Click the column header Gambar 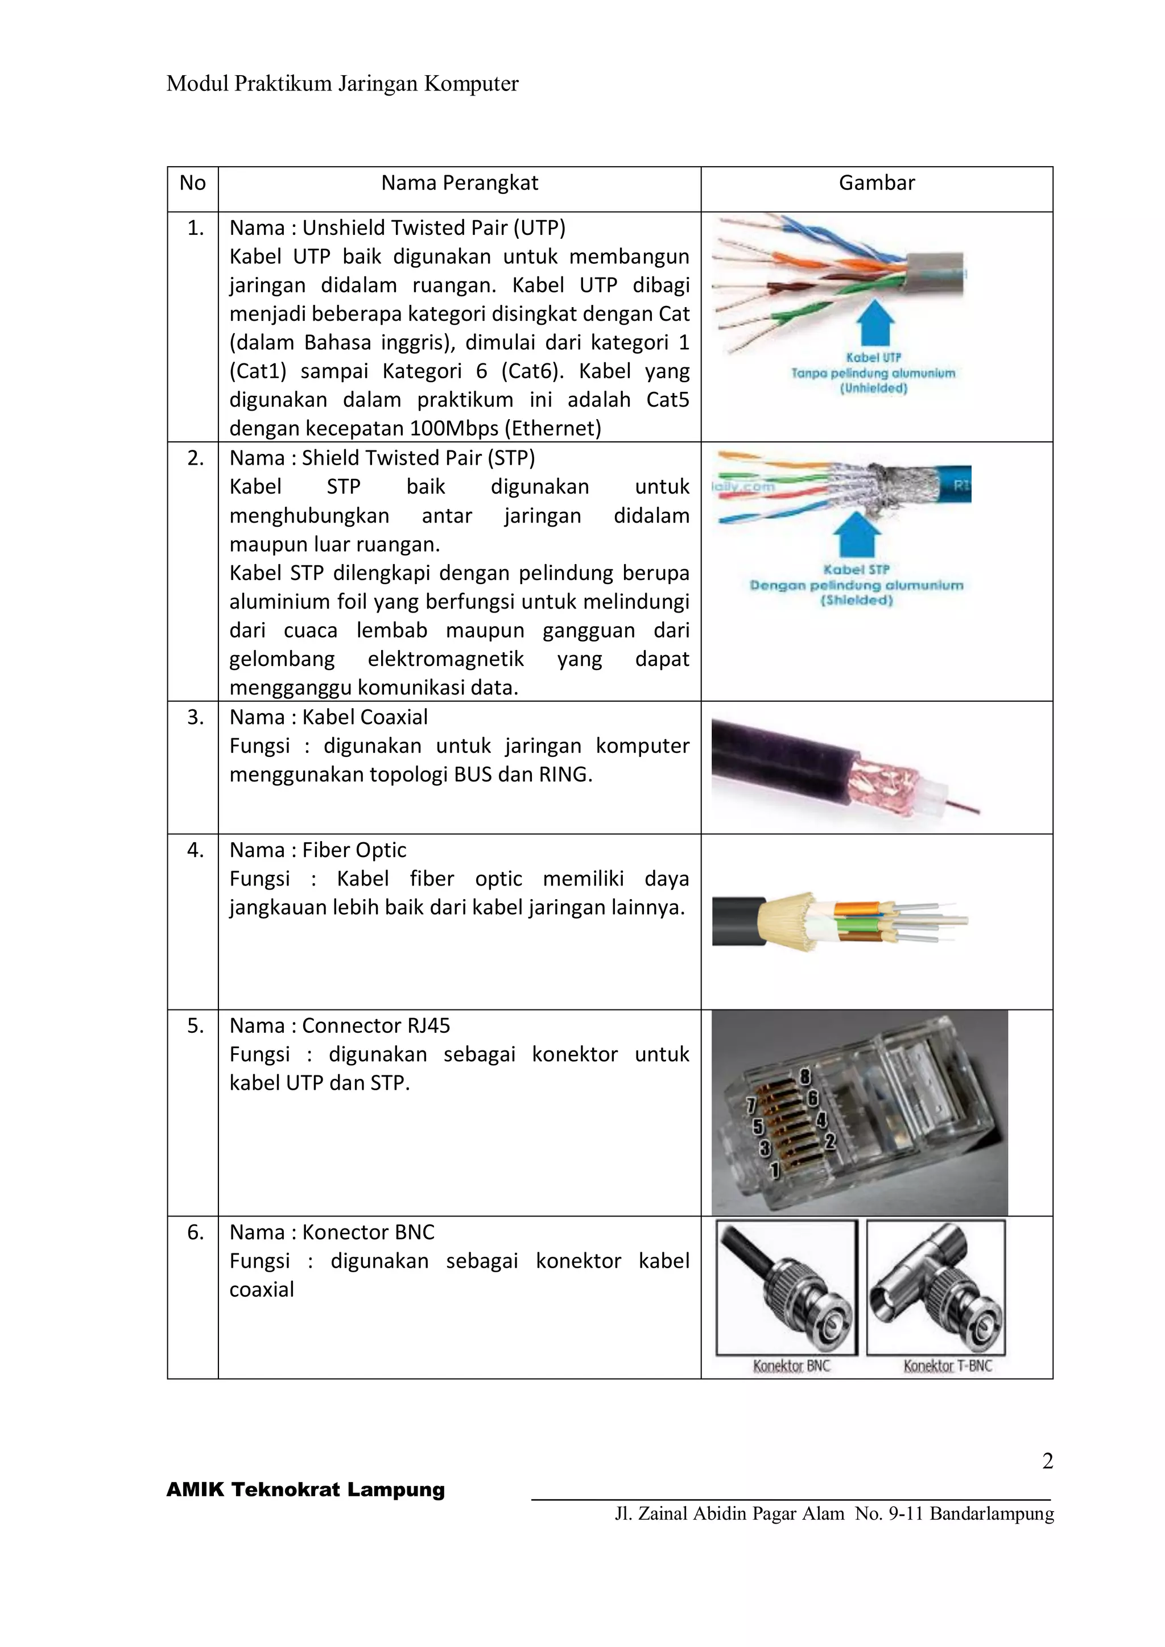pos(877,183)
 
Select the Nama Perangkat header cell pos(459,183)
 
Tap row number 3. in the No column pos(196,717)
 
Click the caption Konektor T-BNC pos(947,1366)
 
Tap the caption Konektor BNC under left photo pos(791,1366)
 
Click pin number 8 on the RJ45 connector pos(805,1076)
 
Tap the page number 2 pos(1047,1460)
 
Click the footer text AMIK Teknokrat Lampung pos(305,1490)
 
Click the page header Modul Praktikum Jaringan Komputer pos(342,84)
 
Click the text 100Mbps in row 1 pos(454,428)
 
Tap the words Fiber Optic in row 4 pos(354,850)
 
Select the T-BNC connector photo pos(936,1287)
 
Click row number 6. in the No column pos(196,1232)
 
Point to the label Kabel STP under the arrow pos(856,569)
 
